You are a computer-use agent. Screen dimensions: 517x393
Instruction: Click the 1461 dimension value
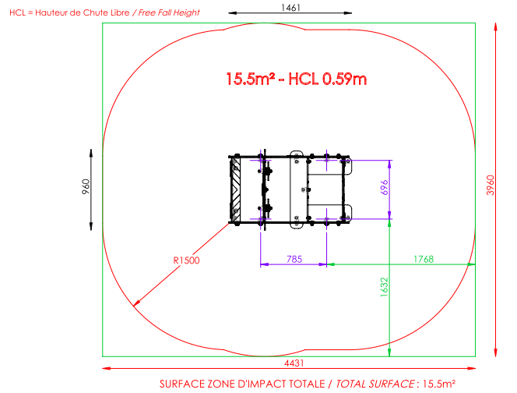290,8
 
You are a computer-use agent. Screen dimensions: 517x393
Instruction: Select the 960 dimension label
86,186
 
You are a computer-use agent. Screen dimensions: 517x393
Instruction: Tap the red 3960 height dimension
491,186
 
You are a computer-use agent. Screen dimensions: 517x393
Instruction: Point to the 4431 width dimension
294,363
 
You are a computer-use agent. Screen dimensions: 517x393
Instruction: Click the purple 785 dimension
294,259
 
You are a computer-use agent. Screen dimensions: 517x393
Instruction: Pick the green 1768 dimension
424,259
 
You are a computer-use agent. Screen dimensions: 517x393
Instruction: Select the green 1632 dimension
385,287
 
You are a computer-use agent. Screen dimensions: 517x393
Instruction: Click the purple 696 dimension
385,188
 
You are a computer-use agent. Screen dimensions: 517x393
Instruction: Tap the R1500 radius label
186,260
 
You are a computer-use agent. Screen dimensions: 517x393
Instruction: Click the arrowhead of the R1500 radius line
135,304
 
